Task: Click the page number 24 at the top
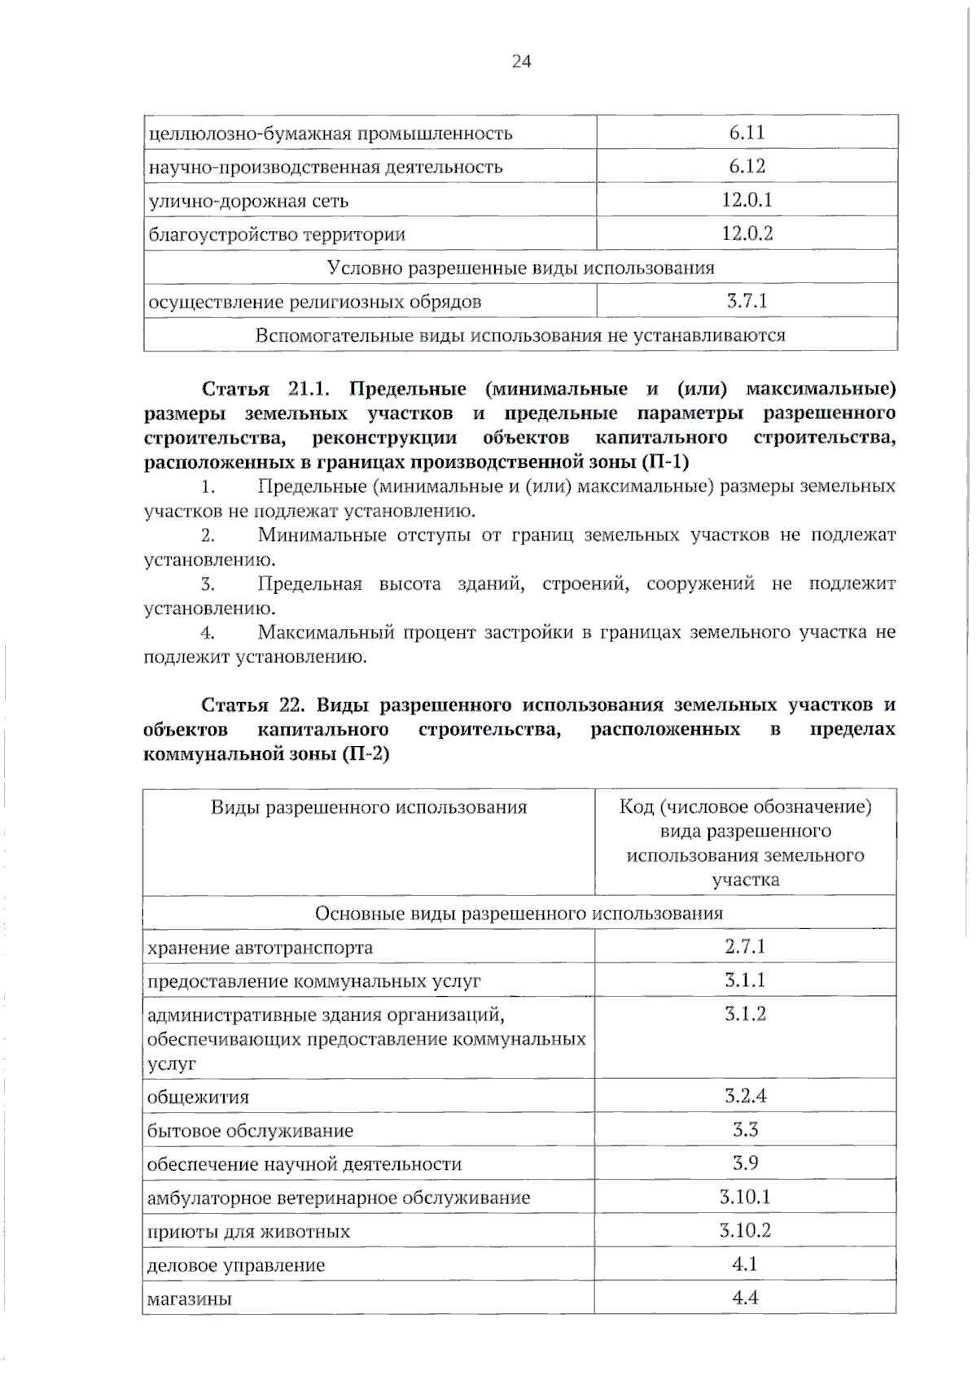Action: [521, 61]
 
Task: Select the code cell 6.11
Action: [747, 133]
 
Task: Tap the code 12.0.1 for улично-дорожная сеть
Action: [747, 200]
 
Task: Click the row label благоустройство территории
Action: [277, 235]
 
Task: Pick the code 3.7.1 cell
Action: [747, 301]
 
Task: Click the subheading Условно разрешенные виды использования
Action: [520, 268]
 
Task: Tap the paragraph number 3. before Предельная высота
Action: [208, 584]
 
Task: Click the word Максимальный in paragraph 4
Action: [322, 632]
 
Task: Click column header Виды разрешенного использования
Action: [369, 807]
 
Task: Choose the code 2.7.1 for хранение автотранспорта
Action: [745, 946]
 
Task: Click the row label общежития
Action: [198, 1097]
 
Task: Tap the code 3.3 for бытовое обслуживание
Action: [745, 1129]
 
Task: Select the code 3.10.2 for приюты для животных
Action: [745, 1230]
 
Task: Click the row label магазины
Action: [190, 1299]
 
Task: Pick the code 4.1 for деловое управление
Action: [745, 1264]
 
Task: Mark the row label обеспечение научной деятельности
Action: [304, 1164]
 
